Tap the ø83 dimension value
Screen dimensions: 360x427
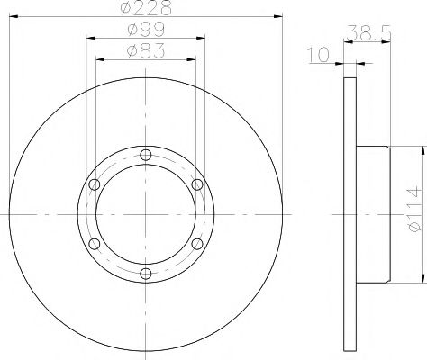click(x=145, y=52)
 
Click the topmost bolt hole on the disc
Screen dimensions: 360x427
click(x=146, y=154)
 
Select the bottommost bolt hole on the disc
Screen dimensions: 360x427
click(x=146, y=273)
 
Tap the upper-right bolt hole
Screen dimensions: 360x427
click(x=197, y=184)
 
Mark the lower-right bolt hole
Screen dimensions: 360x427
click(x=197, y=243)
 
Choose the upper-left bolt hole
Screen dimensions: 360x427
click(x=95, y=184)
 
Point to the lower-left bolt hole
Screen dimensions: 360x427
click(x=95, y=243)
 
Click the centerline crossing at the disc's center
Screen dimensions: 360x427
click(x=146, y=213)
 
